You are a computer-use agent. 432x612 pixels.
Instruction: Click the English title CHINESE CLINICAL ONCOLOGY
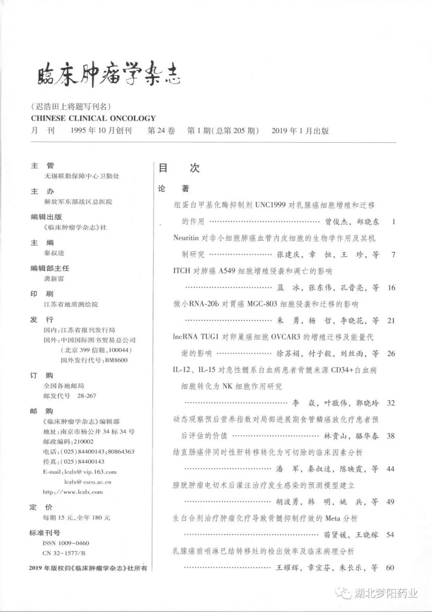(93, 118)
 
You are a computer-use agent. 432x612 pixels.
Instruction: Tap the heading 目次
(179, 168)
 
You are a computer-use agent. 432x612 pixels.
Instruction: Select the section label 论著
(174, 188)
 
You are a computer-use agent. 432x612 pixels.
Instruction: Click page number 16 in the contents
(391, 288)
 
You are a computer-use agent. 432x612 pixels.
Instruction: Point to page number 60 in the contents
(390, 568)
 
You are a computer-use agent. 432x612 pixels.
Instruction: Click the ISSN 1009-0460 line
(66, 543)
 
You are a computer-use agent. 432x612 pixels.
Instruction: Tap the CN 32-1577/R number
(64, 553)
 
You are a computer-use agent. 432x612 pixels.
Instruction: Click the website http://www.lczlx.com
(73, 492)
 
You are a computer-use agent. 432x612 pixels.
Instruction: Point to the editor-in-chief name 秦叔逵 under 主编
(54, 253)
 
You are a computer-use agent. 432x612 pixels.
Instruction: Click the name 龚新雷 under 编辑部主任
(54, 279)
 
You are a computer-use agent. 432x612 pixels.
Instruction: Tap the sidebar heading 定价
(41, 507)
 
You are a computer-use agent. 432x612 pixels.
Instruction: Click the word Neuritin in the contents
(186, 238)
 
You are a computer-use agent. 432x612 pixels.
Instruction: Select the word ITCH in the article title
(182, 271)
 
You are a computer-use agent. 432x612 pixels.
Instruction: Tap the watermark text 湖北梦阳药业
(386, 593)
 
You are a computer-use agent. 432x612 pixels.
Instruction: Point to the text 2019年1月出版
(300, 131)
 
